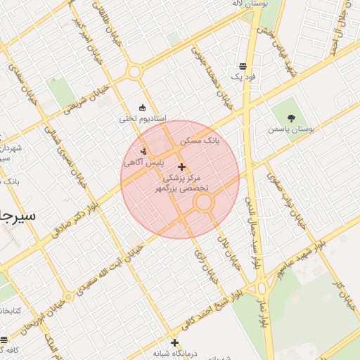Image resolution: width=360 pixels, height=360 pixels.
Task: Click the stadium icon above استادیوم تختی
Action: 143,108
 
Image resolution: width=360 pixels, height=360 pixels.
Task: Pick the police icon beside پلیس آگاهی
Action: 145,150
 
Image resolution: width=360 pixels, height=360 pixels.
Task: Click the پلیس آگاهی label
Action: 143,162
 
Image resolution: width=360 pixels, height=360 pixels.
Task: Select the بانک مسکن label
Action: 199,141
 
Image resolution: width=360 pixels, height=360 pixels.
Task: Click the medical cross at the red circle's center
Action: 182,167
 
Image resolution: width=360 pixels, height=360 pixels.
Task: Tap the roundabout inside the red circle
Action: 204,203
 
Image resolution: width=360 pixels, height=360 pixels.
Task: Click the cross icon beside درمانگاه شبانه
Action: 174,343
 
